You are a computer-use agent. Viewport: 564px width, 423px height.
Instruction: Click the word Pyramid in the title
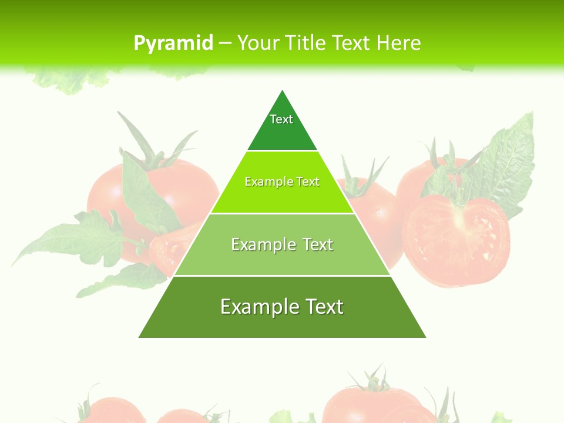(173, 43)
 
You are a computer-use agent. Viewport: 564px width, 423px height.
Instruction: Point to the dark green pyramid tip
(282, 126)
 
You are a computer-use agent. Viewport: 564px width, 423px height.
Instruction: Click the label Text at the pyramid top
(281, 119)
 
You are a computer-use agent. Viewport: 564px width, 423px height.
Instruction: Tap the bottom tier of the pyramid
(282, 320)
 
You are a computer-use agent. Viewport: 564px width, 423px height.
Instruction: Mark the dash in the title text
(225, 43)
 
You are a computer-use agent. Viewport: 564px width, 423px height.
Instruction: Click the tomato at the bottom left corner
(112, 411)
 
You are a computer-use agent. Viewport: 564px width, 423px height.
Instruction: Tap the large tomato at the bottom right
(370, 405)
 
